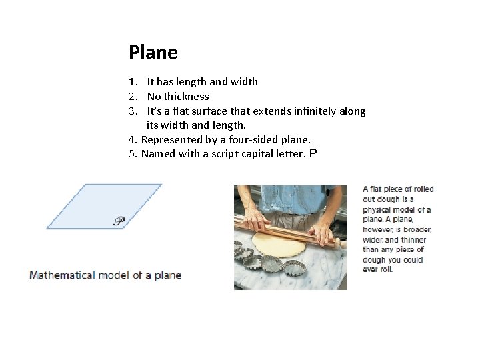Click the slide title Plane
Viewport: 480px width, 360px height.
(x=153, y=52)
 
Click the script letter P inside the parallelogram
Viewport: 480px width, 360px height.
(x=119, y=221)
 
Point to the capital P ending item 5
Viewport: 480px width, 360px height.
(x=313, y=153)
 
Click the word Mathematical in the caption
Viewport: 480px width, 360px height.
(x=62, y=275)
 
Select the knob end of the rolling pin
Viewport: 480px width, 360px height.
(x=343, y=245)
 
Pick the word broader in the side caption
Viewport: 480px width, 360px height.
(x=417, y=229)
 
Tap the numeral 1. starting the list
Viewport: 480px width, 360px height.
(x=133, y=82)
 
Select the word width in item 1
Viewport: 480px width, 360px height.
(x=244, y=82)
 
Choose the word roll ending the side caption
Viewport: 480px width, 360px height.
(x=385, y=269)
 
